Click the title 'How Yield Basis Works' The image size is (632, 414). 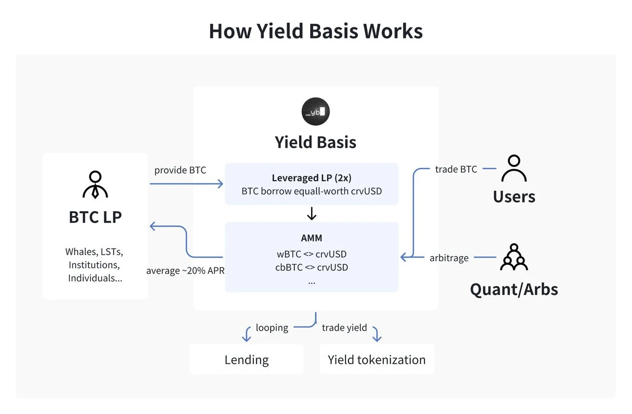click(315, 31)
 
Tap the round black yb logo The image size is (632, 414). click(315, 111)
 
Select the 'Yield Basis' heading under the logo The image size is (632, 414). click(315, 142)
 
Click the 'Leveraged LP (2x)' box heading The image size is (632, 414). click(311, 178)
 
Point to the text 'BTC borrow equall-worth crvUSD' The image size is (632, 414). click(311, 191)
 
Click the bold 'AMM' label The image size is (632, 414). click(311, 239)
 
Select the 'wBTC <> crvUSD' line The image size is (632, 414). click(311, 254)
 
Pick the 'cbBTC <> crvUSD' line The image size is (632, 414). click(311, 267)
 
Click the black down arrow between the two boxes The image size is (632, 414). click(311, 213)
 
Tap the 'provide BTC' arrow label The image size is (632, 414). click(180, 170)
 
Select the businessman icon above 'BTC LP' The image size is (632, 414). click(95, 184)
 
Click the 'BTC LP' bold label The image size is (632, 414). click(95, 216)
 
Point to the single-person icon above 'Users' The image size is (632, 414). click(513, 169)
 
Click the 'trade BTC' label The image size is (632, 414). click(456, 169)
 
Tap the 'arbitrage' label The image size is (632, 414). click(449, 258)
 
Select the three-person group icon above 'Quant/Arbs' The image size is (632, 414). click(513, 257)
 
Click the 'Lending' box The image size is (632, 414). click(246, 360)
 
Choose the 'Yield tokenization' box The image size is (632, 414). click(377, 360)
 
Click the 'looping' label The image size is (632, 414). click(272, 328)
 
